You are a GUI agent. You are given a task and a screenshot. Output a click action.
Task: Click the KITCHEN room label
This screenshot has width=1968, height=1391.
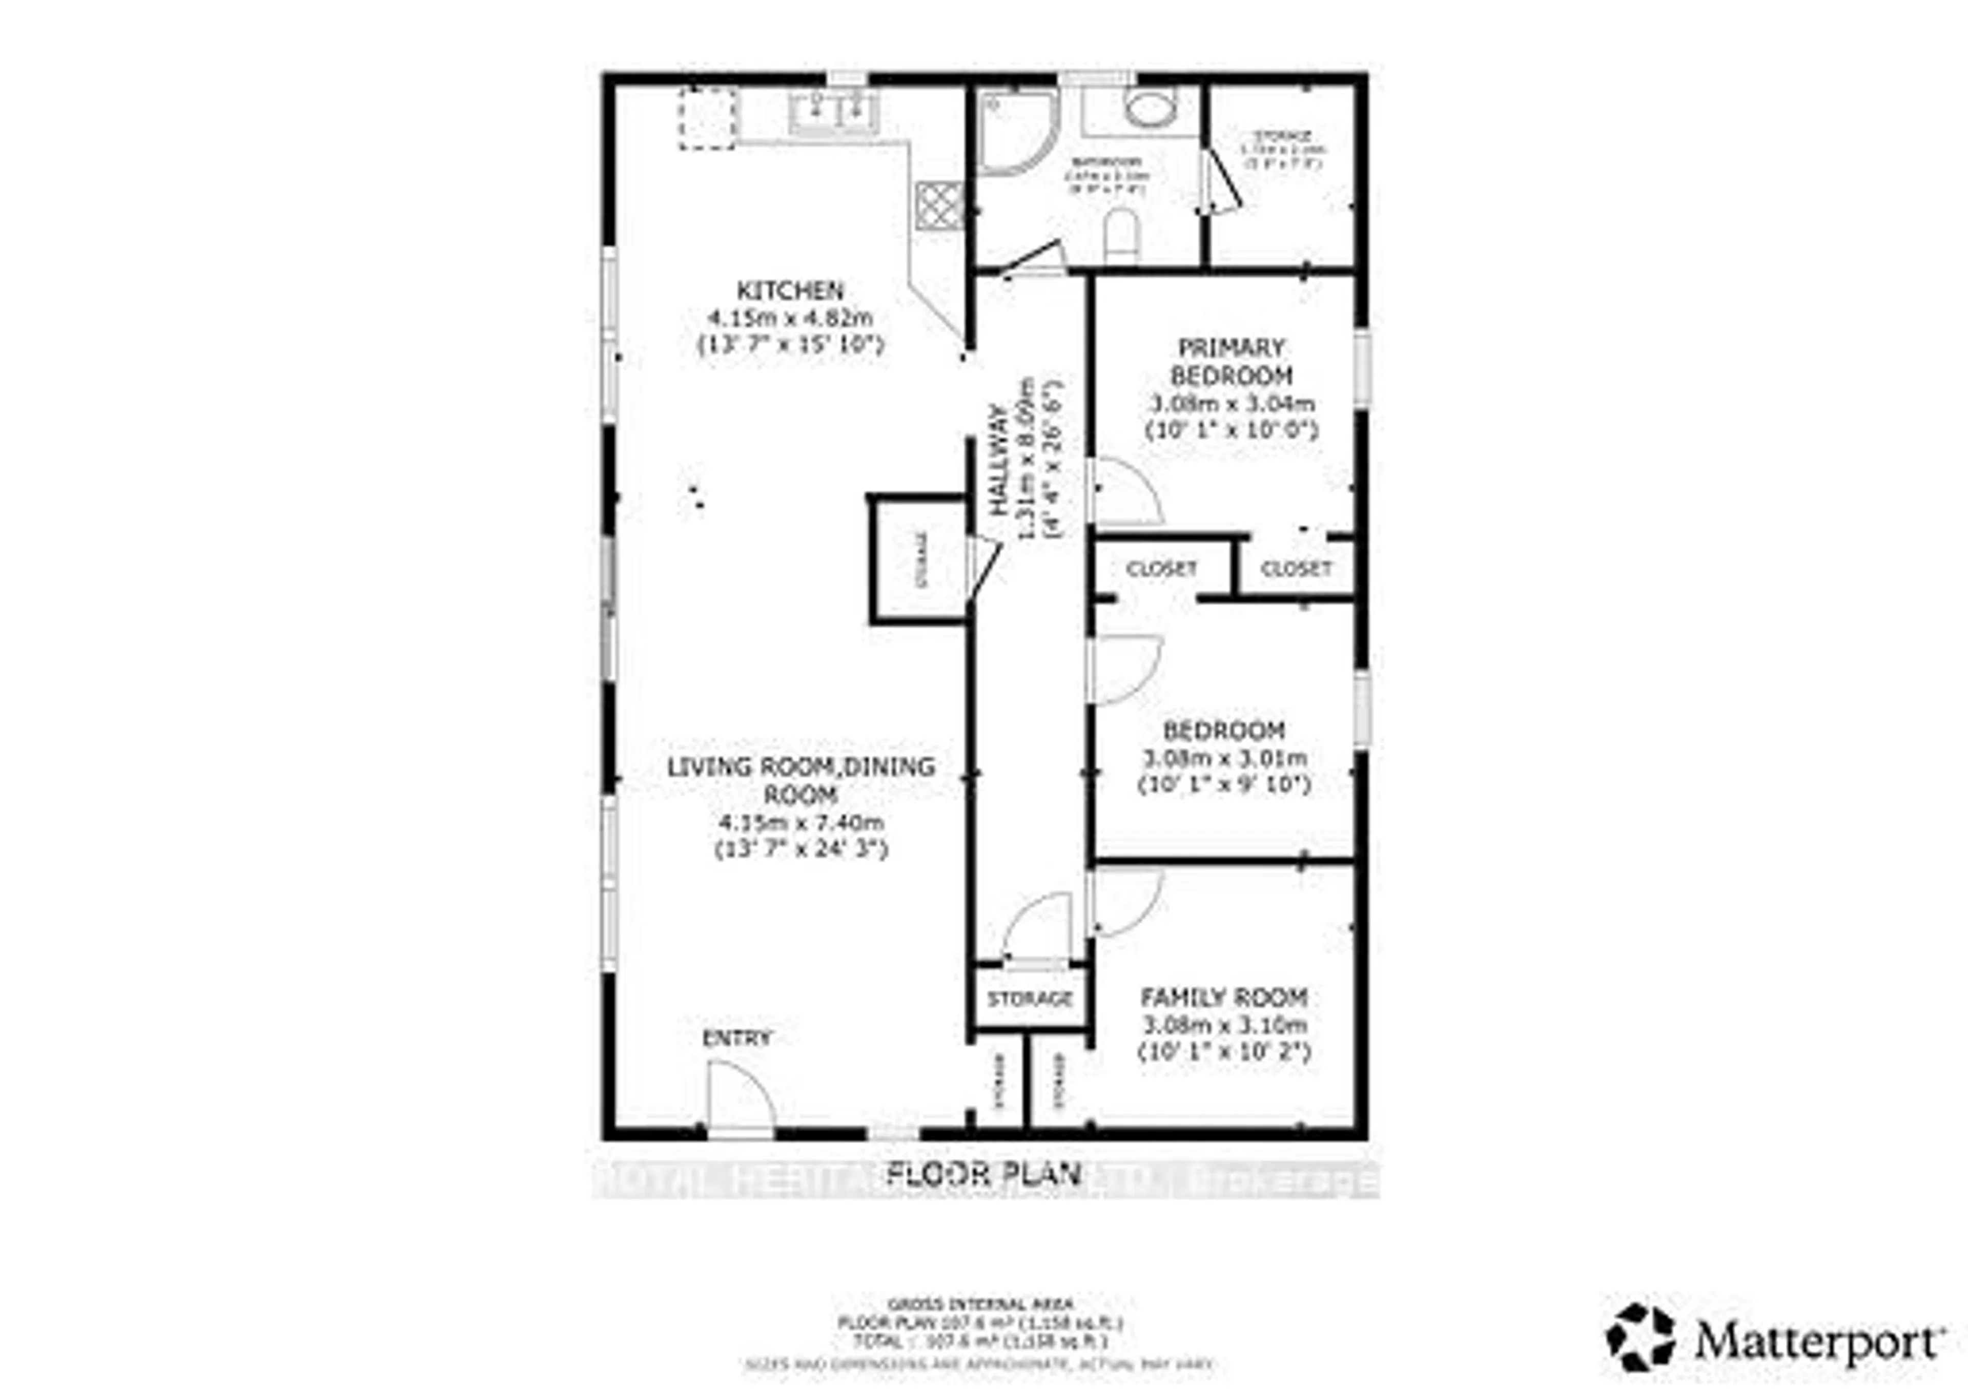[790, 290]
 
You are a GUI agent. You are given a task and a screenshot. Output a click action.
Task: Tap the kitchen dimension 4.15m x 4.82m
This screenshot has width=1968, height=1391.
[790, 318]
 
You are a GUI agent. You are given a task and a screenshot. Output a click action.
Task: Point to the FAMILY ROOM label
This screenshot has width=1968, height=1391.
[1223, 998]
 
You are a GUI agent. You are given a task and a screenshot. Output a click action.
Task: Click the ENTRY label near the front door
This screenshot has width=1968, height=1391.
[736, 1038]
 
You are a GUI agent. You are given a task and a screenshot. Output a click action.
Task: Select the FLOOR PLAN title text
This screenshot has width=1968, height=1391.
[983, 1173]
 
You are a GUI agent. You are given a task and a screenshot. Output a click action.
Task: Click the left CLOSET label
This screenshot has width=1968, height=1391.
[1161, 569]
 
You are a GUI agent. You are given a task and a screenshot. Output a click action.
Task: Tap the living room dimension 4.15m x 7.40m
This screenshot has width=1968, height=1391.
[801, 823]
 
